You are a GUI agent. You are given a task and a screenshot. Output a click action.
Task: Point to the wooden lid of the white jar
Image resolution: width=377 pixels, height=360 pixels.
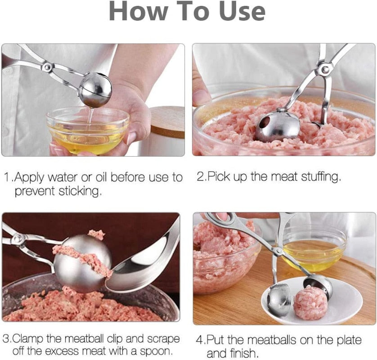(x=167, y=122)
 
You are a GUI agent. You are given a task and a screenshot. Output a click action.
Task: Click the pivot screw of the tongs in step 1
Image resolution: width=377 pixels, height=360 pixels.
(x=46, y=67)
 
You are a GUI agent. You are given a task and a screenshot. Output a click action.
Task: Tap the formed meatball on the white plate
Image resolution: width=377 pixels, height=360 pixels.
(x=310, y=302)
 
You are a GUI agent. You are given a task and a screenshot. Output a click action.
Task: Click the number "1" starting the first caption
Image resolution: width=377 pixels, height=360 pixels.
(x=6, y=177)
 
